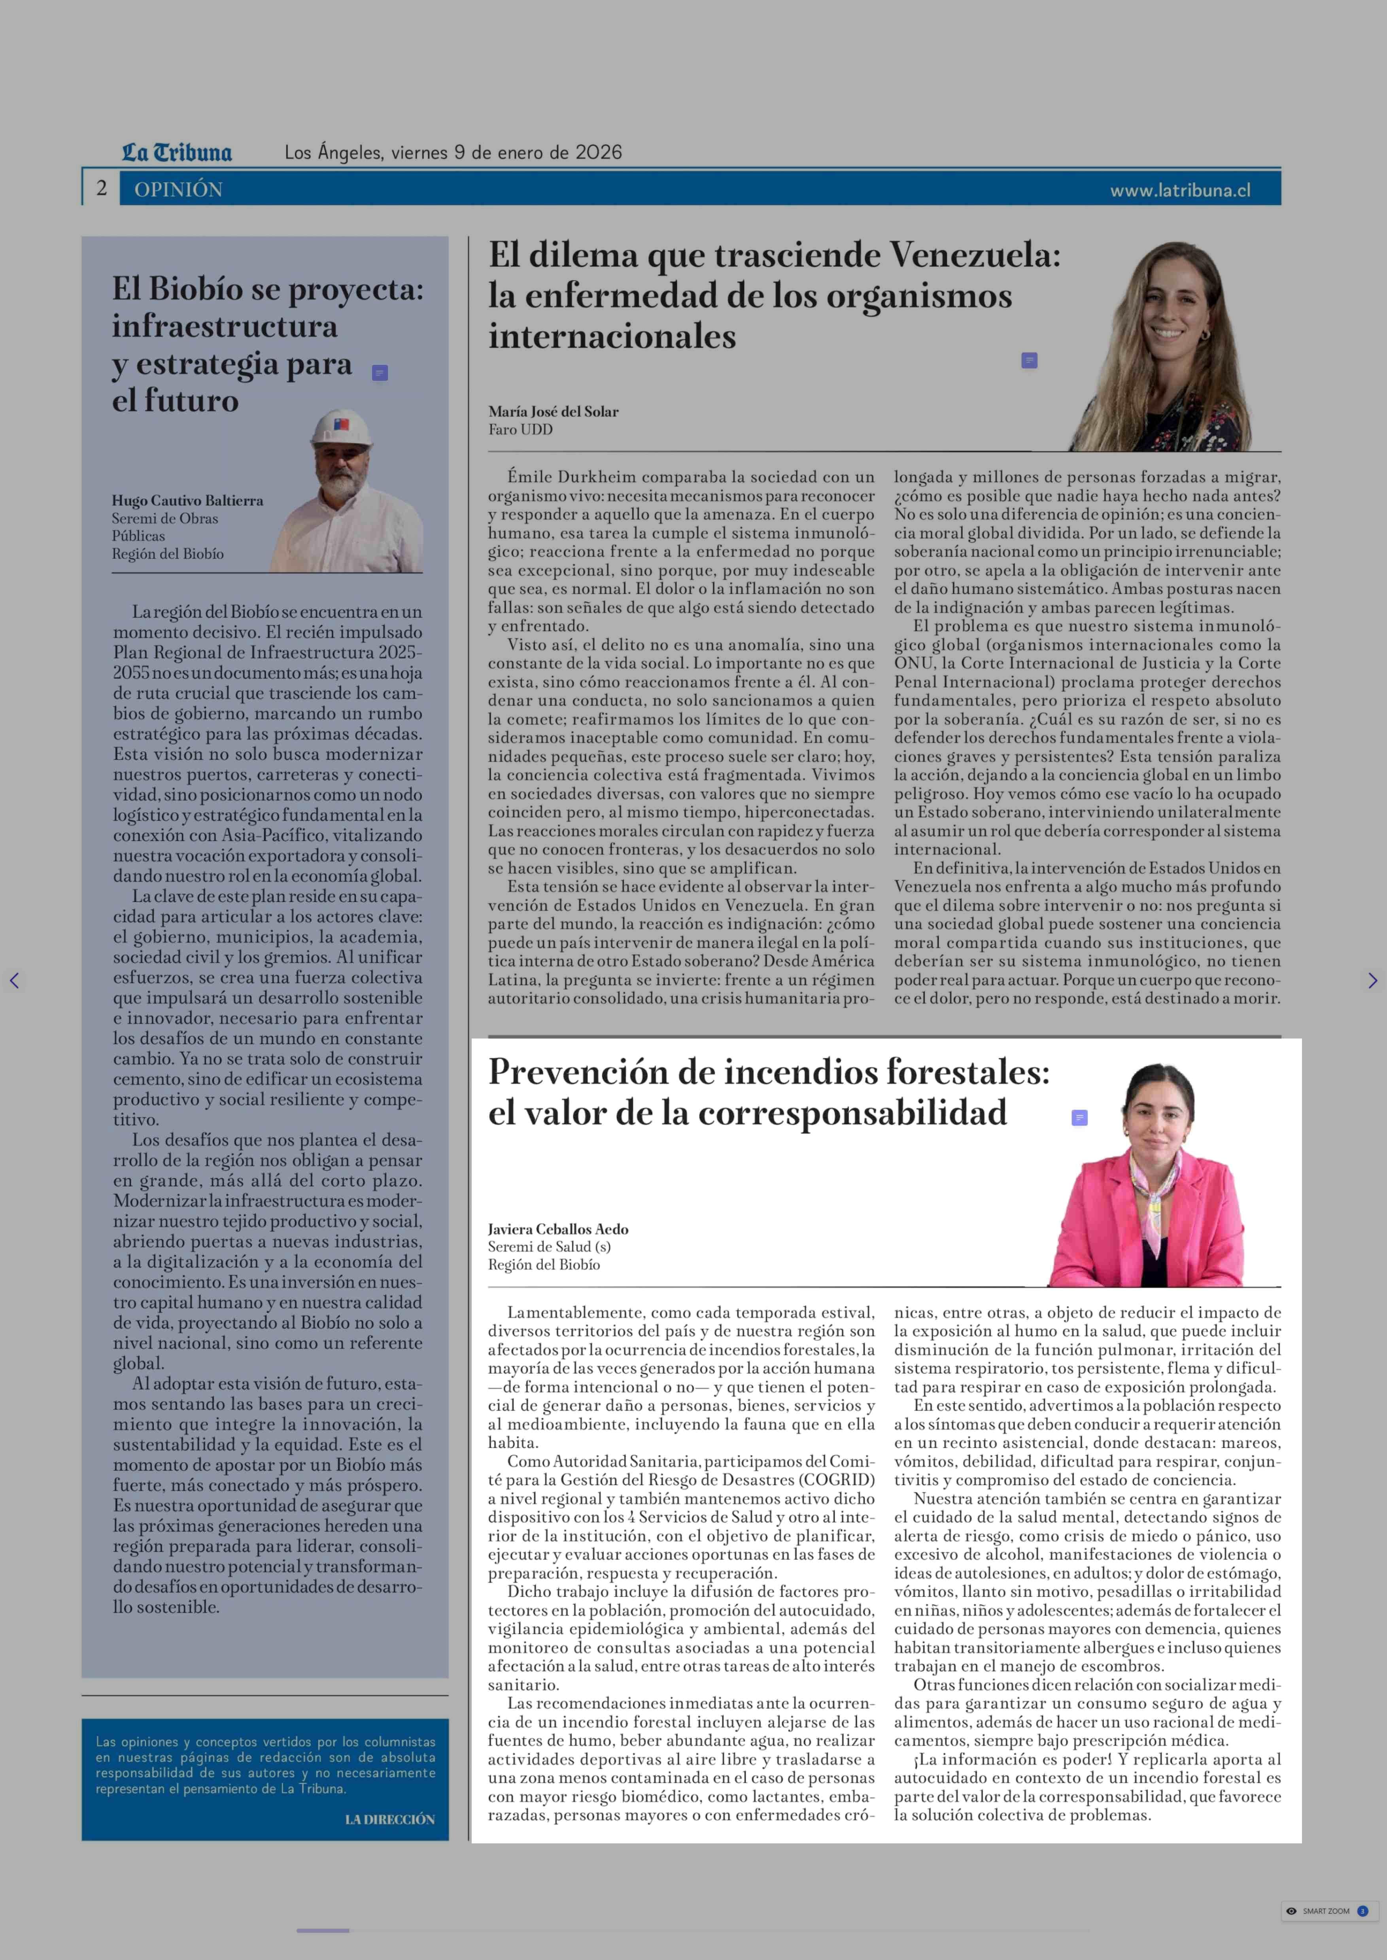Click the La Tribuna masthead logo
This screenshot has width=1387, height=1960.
point(177,153)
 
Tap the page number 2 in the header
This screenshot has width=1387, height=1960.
point(102,189)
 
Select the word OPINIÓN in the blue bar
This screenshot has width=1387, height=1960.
point(178,190)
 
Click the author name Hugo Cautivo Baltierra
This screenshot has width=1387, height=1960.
point(187,500)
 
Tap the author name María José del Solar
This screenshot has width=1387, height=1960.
point(554,411)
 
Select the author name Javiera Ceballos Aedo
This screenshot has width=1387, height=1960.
point(558,1229)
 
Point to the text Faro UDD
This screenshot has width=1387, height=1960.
point(520,430)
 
